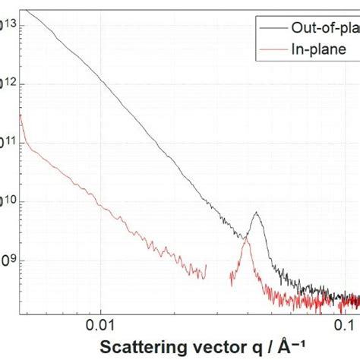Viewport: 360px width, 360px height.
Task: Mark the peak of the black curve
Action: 257,213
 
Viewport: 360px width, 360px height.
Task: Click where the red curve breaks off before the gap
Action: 206,266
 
